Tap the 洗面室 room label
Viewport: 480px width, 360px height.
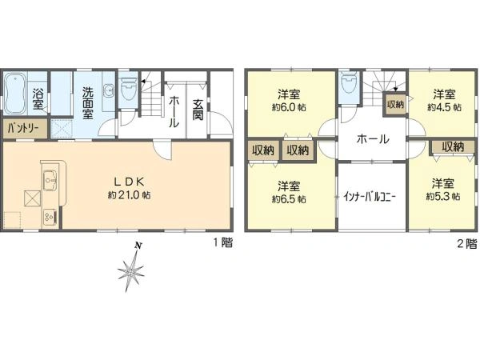[86, 102]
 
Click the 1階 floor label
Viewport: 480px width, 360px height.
[222, 243]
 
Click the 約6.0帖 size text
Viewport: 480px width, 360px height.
[287, 106]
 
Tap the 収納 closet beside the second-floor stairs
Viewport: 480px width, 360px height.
[394, 102]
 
